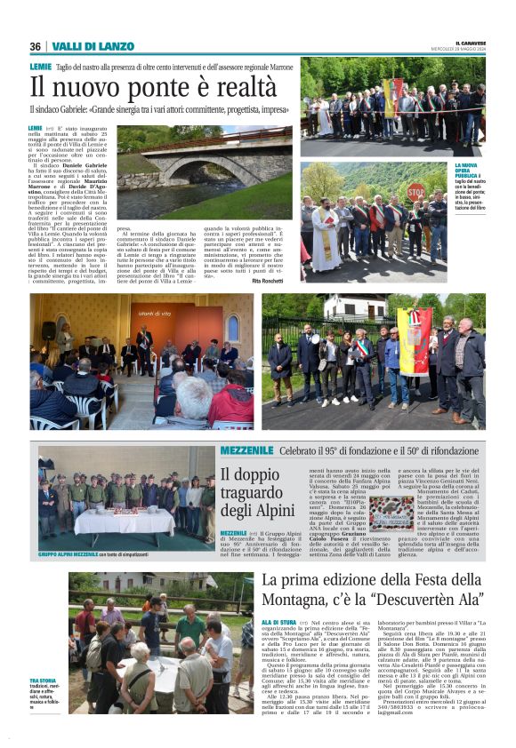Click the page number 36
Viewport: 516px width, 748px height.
pos(35,46)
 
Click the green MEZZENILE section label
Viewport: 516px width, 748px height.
pos(247,450)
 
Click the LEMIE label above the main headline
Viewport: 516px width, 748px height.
pos(40,67)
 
